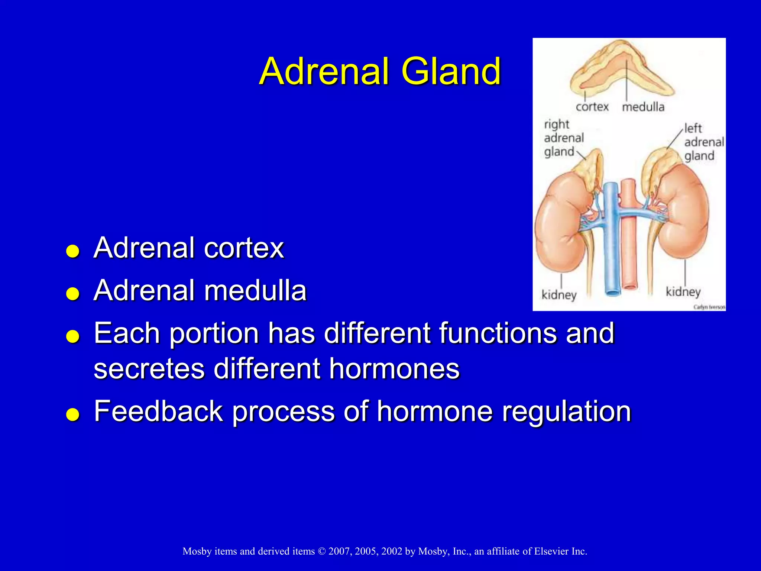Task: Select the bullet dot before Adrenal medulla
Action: pyautogui.click(x=73, y=294)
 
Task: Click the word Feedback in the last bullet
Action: pyautogui.click(x=158, y=411)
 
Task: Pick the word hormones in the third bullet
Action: pyautogui.click(x=394, y=368)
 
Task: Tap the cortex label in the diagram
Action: pyautogui.click(x=592, y=107)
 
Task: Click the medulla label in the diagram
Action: pyautogui.click(x=643, y=107)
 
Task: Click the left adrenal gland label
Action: pyautogui.click(x=703, y=142)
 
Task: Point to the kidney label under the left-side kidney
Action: pyautogui.click(x=559, y=295)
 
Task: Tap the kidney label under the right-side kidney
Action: pyautogui.click(x=683, y=292)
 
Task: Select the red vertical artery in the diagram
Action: pyautogui.click(x=629, y=253)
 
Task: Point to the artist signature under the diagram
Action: pyautogui.click(x=709, y=307)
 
